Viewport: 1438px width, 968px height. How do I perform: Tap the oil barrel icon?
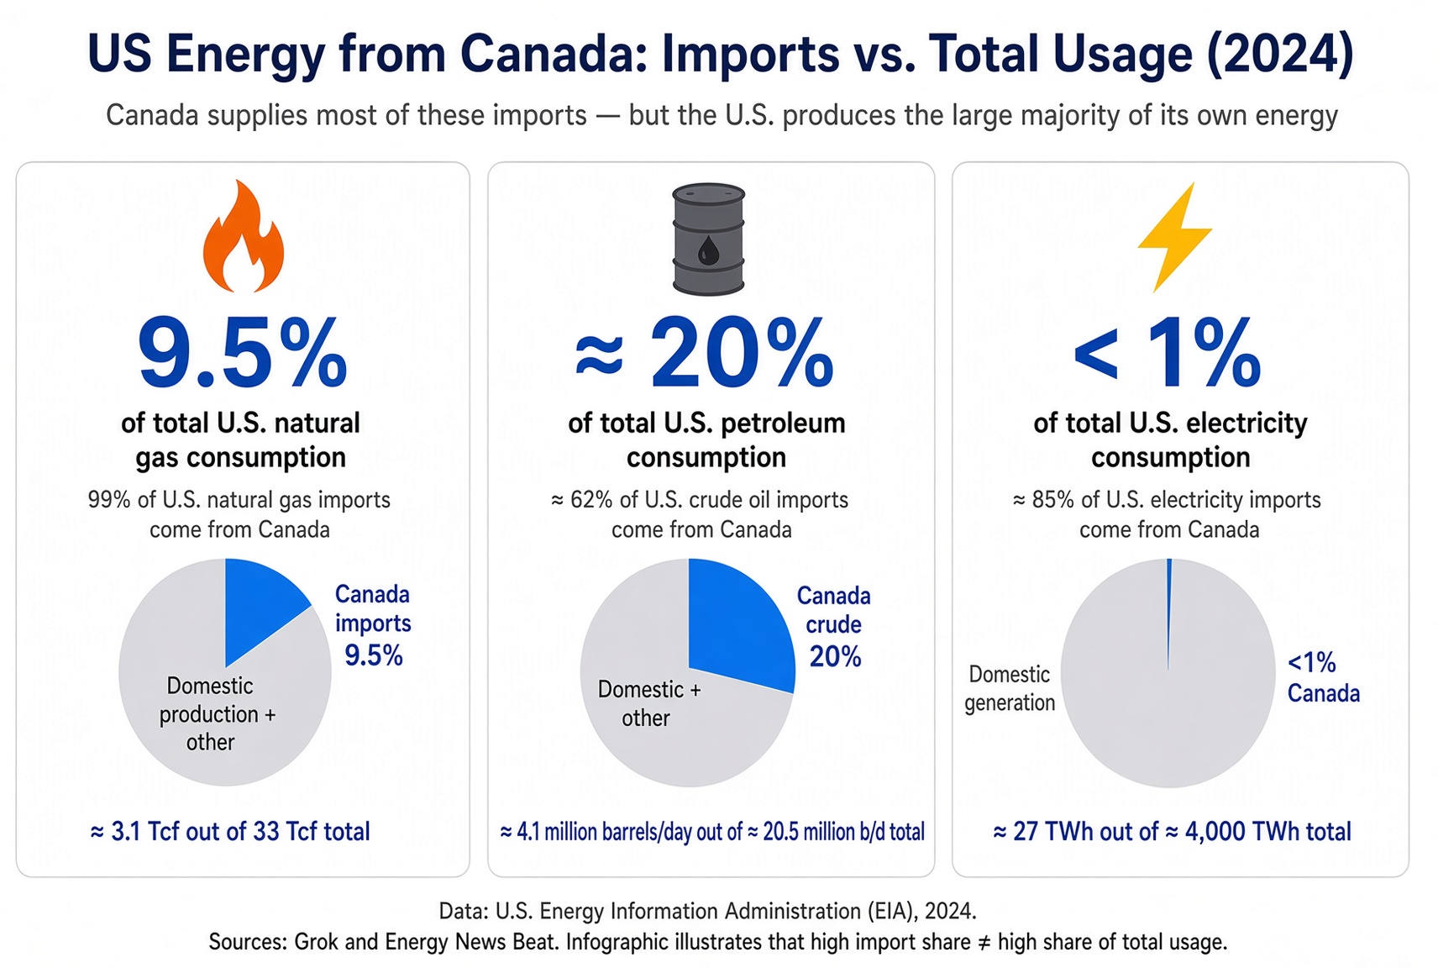[708, 239]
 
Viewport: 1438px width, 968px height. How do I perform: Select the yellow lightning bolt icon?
[1175, 237]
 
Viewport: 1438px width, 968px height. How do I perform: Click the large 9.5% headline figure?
[243, 353]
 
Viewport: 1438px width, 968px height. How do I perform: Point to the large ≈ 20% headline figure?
[704, 353]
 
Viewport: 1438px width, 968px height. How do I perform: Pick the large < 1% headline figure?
[1168, 353]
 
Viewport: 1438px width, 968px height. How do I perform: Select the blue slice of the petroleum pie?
[738, 623]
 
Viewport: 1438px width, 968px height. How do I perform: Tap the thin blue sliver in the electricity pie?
[1169, 610]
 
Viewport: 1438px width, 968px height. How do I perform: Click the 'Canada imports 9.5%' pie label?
[373, 625]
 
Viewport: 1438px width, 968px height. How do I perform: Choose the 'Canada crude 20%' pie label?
[834, 626]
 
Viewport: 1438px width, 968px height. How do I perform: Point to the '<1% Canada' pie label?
[1323, 677]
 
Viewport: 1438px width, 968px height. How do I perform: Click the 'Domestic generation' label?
[1010, 688]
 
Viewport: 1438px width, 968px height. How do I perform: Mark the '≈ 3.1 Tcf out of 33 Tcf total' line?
[230, 831]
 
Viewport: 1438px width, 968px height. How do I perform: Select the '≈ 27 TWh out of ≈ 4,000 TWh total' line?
[1173, 831]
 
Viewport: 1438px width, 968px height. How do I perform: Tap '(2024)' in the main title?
[1280, 55]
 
